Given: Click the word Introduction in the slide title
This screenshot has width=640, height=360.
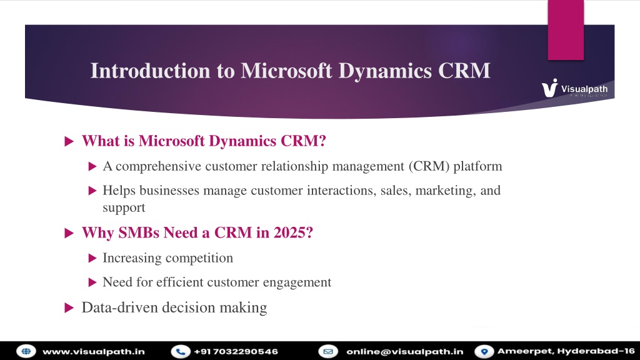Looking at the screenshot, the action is click(150, 71).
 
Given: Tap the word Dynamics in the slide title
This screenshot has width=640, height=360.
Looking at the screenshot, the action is click(385, 72).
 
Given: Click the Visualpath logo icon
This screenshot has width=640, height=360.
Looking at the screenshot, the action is click(549, 88).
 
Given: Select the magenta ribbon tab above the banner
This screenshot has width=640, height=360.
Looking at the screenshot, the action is click(566, 30).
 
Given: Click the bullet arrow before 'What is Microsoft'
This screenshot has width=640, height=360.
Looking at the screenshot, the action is click(69, 142).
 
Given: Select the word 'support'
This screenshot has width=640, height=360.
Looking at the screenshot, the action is click(124, 208).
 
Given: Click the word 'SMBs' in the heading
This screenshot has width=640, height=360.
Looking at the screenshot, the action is click(139, 232).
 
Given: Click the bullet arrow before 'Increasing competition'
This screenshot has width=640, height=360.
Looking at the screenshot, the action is click(92, 258).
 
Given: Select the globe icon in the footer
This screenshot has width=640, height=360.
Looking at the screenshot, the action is click(26, 351).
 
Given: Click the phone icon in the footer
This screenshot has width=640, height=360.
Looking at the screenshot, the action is click(181, 351).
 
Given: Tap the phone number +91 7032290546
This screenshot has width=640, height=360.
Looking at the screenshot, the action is click(236, 351).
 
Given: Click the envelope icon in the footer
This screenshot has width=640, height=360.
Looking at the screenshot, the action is click(328, 351).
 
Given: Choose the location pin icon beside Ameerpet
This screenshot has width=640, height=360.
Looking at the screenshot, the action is click(484, 351).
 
